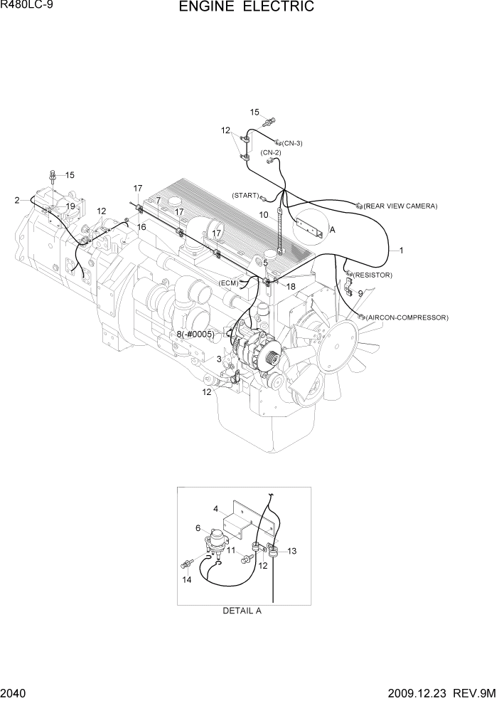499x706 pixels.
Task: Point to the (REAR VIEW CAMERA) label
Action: [400, 206]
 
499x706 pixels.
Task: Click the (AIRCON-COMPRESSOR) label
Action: [407, 317]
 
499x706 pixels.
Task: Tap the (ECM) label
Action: [229, 283]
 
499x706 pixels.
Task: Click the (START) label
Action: [245, 195]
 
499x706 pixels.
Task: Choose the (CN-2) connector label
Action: [271, 152]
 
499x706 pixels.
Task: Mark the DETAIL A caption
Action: [242, 611]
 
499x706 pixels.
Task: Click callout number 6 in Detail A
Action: [198, 527]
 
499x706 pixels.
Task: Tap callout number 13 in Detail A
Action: [291, 551]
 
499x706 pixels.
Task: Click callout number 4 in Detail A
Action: [216, 508]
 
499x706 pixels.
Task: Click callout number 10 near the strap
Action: [263, 214]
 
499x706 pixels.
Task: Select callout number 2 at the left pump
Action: [16, 201]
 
